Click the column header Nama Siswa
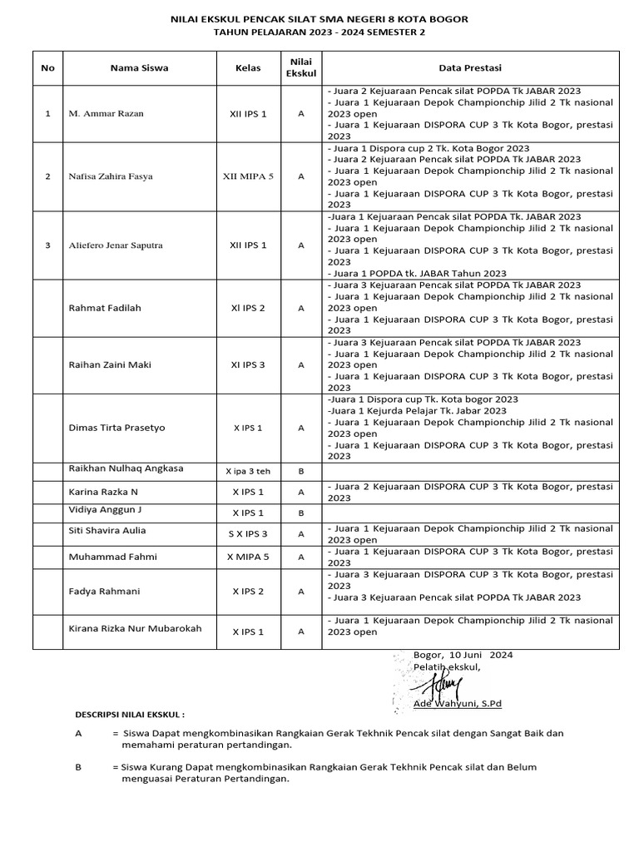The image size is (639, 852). point(139,68)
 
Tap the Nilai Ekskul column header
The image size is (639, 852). point(300,67)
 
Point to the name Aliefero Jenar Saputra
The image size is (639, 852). point(115,245)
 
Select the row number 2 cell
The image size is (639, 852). point(47,176)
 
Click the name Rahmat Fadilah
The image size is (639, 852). point(104,308)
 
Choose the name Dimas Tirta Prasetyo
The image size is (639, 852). point(116,428)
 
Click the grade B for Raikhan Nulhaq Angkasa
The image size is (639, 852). point(300,471)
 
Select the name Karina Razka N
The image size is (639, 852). point(105,491)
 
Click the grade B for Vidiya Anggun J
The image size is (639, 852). point(300,513)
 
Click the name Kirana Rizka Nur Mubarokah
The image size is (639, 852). point(135,629)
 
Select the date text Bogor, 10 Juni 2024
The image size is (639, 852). point(463,655)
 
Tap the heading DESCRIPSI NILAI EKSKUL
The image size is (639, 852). point(130,714)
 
